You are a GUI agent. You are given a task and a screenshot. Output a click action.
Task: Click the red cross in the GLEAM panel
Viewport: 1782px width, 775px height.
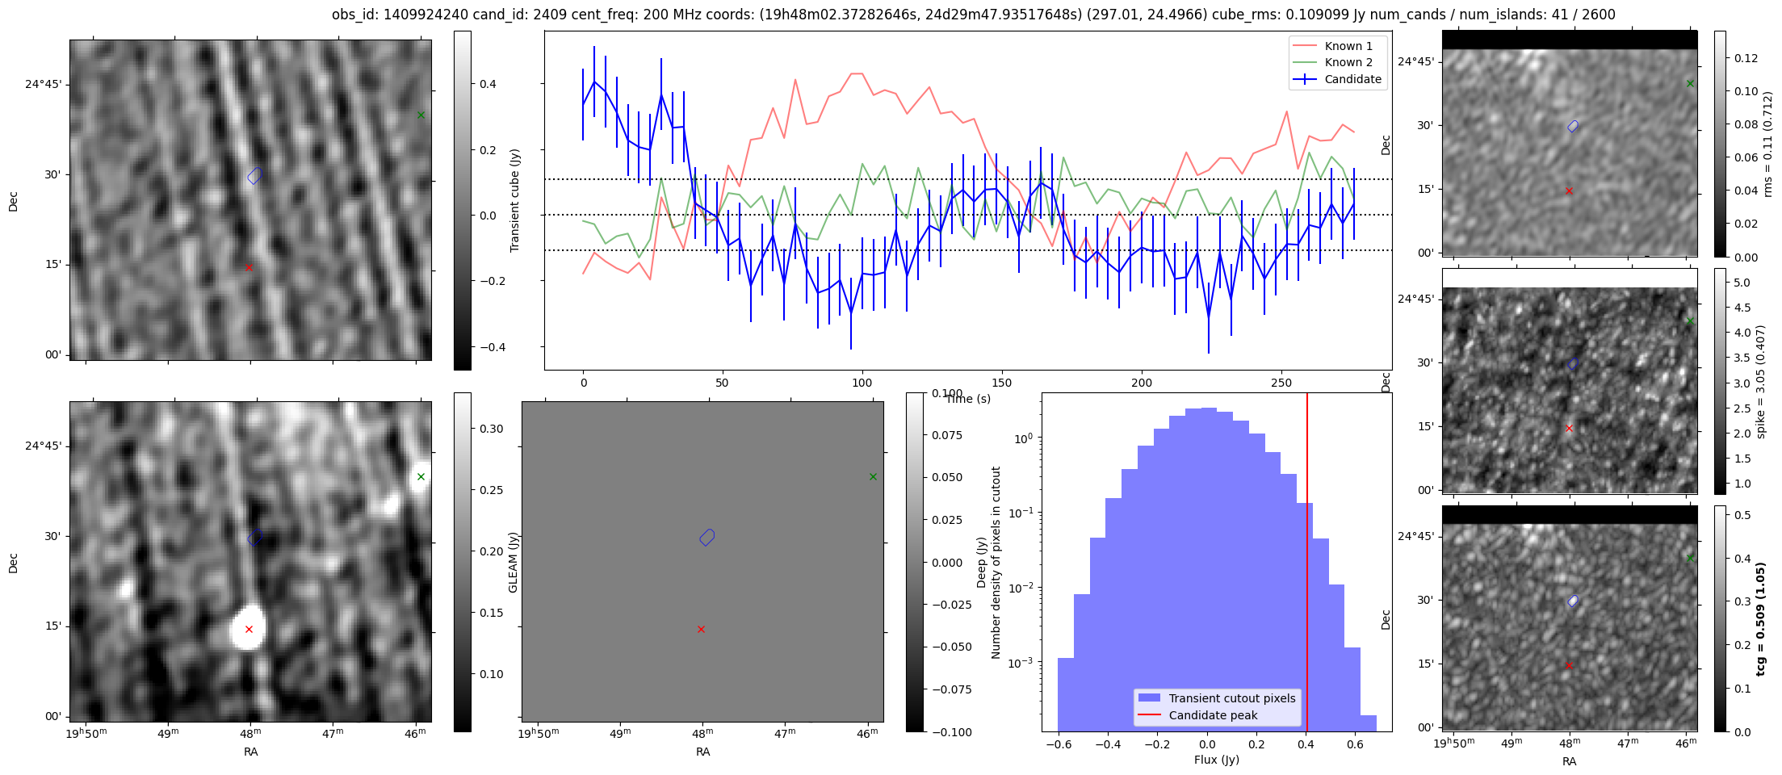coord(701,629)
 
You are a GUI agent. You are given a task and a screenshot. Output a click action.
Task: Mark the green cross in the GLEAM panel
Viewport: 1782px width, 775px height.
coord(873,476)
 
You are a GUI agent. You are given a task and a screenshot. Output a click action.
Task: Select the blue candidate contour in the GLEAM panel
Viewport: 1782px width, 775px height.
coord(707,537)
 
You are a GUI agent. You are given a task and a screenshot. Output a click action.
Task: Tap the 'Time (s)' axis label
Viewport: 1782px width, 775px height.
coord(967,399)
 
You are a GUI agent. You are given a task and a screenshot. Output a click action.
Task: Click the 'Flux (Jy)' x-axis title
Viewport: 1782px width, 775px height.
coord(1216,760)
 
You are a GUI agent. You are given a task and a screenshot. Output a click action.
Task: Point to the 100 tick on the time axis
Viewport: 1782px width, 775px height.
coord(862,383)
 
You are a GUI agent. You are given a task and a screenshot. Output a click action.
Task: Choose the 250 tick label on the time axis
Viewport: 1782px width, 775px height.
coord(1281,383)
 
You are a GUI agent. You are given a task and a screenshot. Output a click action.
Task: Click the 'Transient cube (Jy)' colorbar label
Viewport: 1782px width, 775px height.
coord(514,200)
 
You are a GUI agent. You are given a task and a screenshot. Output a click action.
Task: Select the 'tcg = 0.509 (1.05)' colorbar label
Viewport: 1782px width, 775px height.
coord(1761,619)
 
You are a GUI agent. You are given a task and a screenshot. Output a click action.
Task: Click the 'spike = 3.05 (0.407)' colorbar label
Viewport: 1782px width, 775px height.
coord(1761,381)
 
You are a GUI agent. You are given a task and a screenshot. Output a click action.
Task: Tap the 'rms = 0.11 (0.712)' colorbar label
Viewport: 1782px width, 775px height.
coord(1767,144)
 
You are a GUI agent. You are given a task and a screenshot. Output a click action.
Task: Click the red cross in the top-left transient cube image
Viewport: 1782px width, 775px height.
coord(249,267)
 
